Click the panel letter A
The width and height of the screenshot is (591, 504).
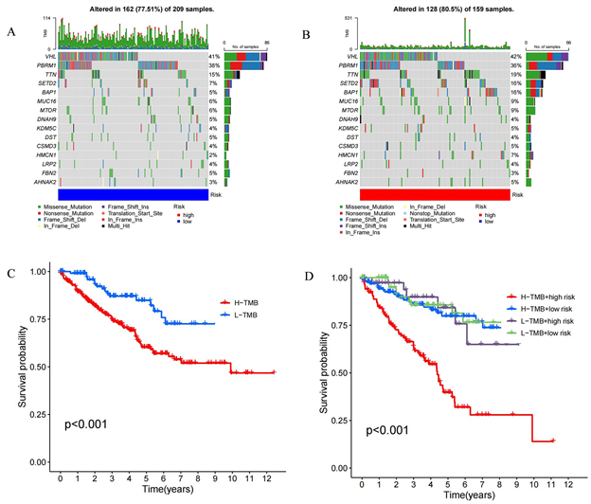[x=10, y=33]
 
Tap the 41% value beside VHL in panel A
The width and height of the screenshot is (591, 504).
[x=214, y=58]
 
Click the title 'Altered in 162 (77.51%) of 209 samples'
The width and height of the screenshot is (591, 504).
[x=140, y=9]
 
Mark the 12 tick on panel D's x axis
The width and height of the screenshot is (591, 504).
[x=567, y=481]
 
